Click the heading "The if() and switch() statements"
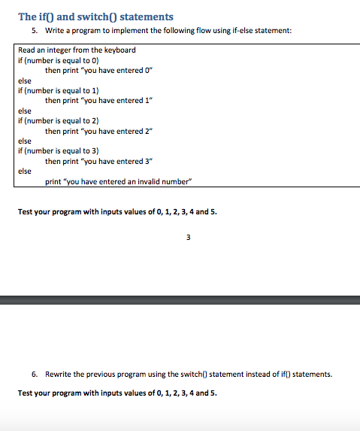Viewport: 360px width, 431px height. click(95, 16)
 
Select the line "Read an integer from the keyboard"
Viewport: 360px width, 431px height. click(77, 50)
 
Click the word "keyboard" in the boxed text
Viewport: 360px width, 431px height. click(121, 50)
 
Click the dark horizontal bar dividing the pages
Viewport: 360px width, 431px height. click(180, 300)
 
